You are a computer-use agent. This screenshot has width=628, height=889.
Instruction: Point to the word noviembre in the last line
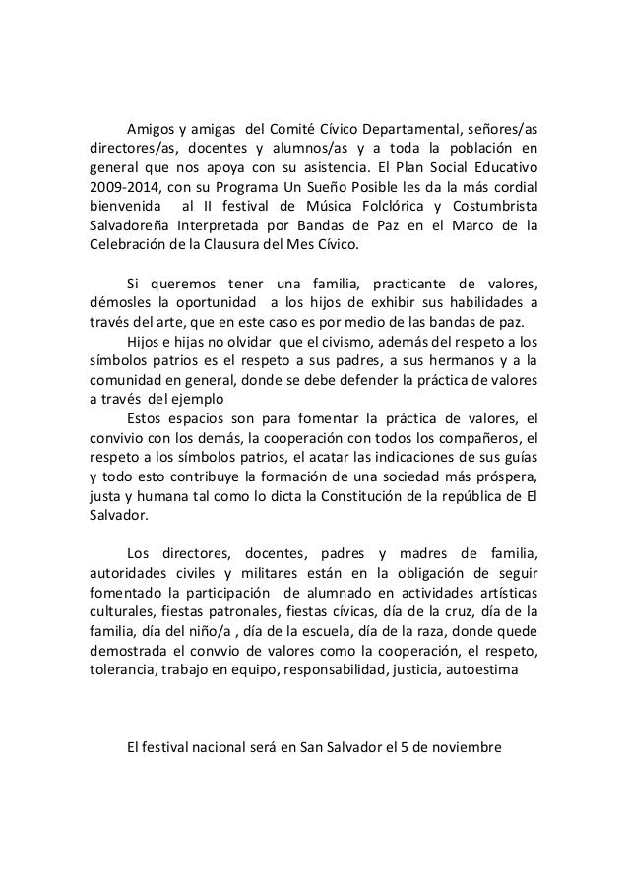[462, 746]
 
